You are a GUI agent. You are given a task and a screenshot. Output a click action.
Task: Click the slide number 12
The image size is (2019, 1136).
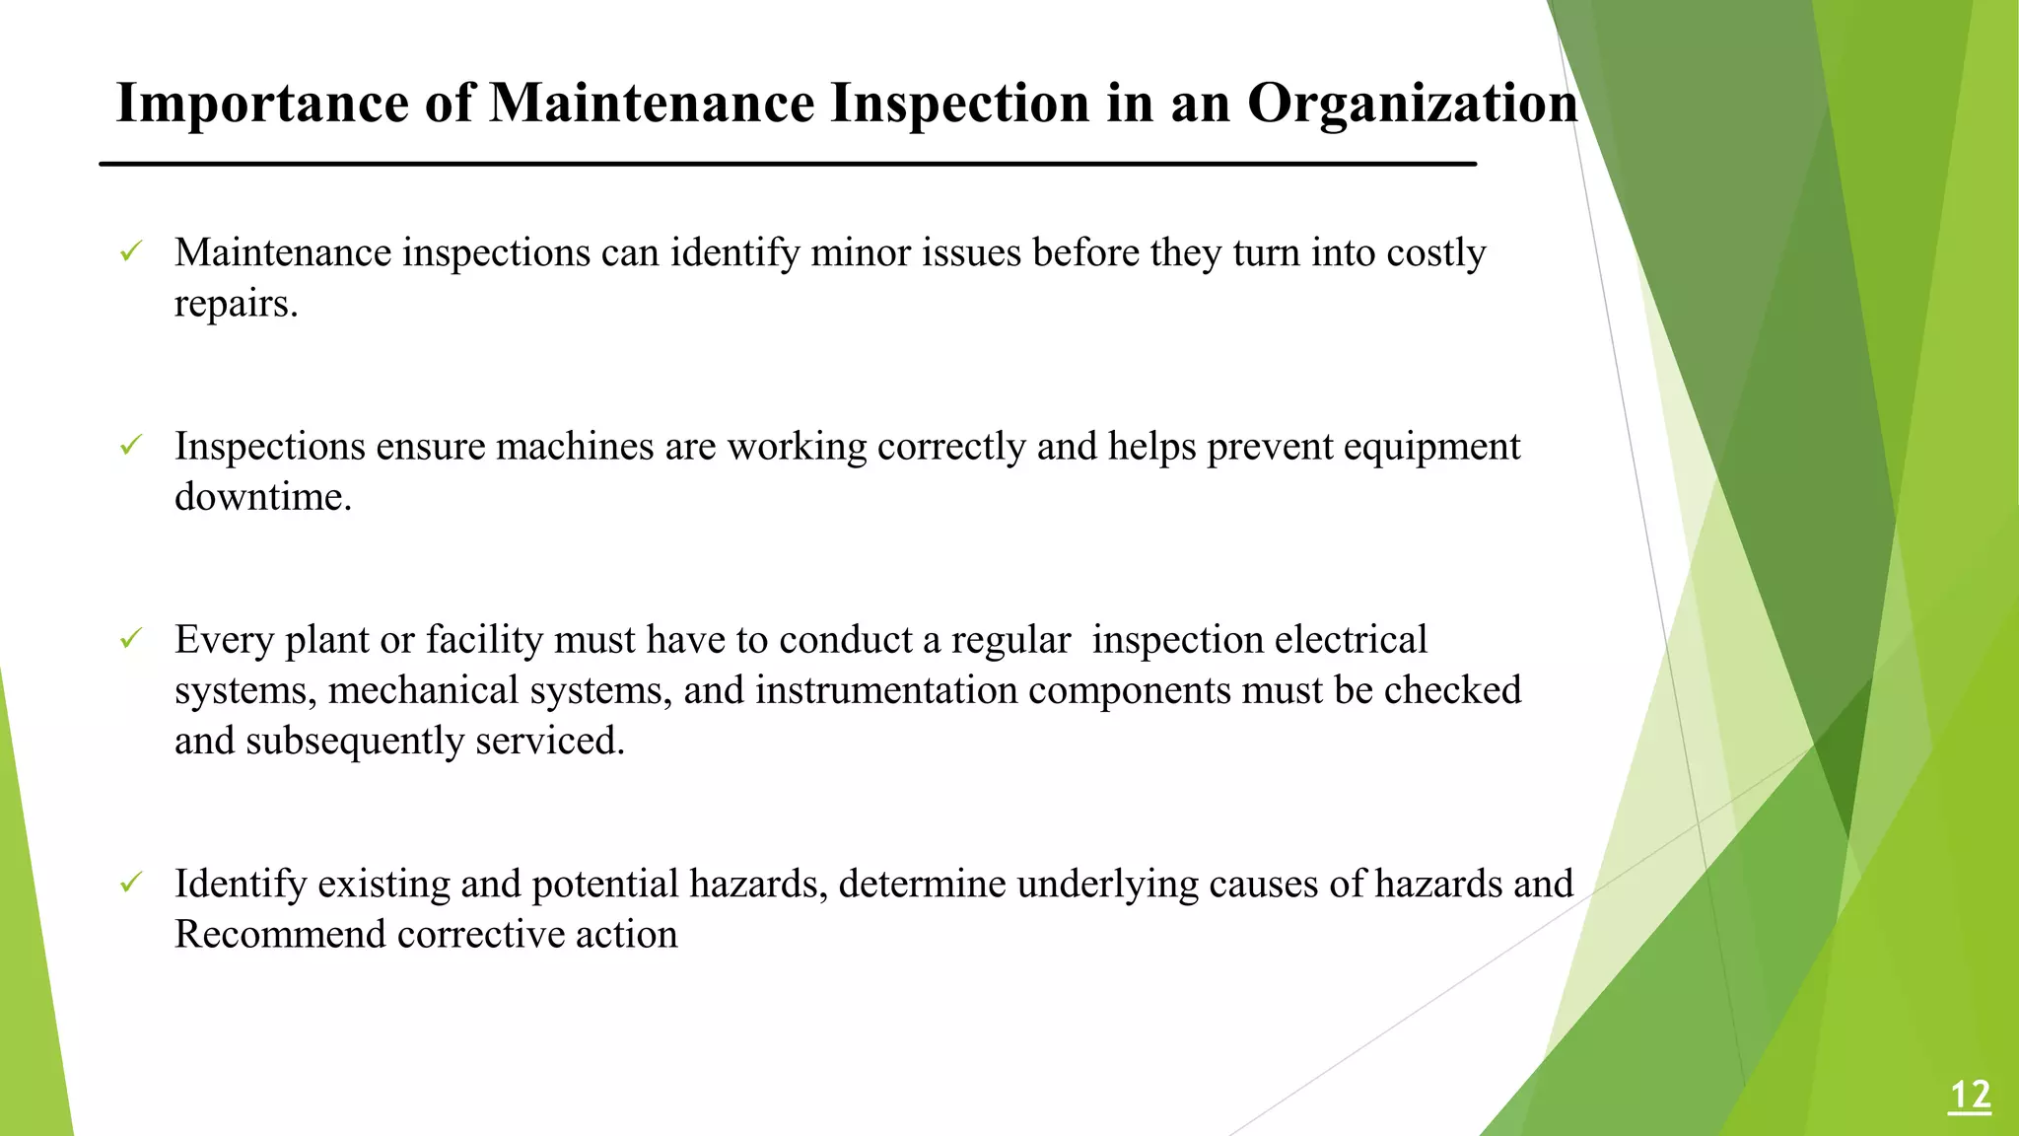pyautogui.click(x=1969, y=1096)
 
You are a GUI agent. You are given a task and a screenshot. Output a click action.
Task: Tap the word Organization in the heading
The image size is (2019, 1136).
pyautogui.click(x=1412, y=103)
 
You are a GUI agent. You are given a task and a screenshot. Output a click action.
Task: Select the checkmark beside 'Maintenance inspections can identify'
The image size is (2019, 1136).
pyautogui.click(x=131, y=252)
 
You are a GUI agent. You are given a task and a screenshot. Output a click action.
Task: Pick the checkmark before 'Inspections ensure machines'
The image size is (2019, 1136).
pyautogui.click(x=131, y=446)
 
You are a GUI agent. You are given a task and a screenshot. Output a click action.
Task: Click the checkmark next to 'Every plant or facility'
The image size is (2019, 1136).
pyautogui.click(x=131, y=639)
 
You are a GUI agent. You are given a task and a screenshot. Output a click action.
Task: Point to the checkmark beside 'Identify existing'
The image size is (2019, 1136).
pyautogui.click(x=131, y=883)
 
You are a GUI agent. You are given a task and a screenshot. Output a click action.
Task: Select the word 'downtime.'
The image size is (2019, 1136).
pyautogui.click(x=262, y=496)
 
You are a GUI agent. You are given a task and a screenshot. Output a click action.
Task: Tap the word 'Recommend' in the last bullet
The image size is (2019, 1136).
pyautogui.click(x=279, y=934)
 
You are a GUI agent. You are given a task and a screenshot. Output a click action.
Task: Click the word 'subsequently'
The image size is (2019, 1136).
pyautogui.click(x=354, y=741)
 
